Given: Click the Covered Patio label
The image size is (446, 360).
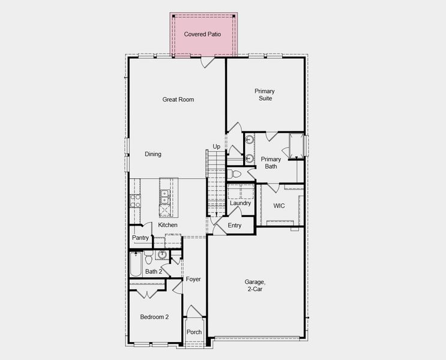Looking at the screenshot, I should (202, 34).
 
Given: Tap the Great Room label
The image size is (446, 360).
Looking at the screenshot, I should (178, 100).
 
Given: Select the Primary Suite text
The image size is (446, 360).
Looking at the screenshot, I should (265, 95).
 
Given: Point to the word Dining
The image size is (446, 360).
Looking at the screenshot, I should (153, 154).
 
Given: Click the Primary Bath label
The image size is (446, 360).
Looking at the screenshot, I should (271, 163).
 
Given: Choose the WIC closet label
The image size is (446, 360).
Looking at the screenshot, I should (279, 206).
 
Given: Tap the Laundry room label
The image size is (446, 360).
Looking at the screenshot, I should (240, 203).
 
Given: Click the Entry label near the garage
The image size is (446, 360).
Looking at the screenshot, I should (235, 226).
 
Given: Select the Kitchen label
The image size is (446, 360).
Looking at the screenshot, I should (168, 225).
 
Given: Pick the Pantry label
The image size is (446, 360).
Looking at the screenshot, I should (140, 238).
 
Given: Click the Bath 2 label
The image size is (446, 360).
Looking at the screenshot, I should (154, 272).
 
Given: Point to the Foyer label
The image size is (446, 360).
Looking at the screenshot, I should (193, 280).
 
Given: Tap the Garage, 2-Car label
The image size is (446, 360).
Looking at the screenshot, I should (254, 285).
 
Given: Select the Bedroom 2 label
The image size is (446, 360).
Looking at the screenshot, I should (154, 317).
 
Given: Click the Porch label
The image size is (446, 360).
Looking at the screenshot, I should (194, 332).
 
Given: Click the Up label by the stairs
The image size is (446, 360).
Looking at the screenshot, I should (216, 146).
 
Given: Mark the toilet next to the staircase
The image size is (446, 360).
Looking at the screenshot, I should (234, 174).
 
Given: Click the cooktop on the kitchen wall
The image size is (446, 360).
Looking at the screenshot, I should (136, 200).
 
